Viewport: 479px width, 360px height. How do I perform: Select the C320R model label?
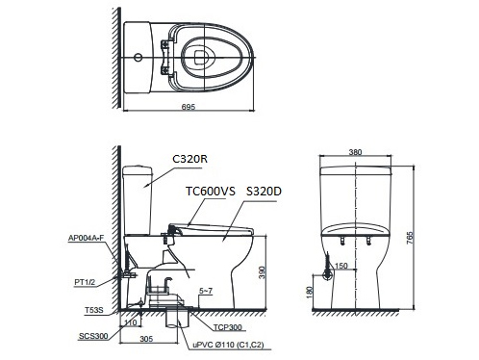pos(190,158)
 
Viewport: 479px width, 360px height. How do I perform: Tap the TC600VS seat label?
pos(210,192)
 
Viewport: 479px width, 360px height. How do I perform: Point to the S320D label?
pos(265,192)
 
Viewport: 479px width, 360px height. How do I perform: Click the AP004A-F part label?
pos(87,237)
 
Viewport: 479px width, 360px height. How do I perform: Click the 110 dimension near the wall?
pos(129,322)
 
